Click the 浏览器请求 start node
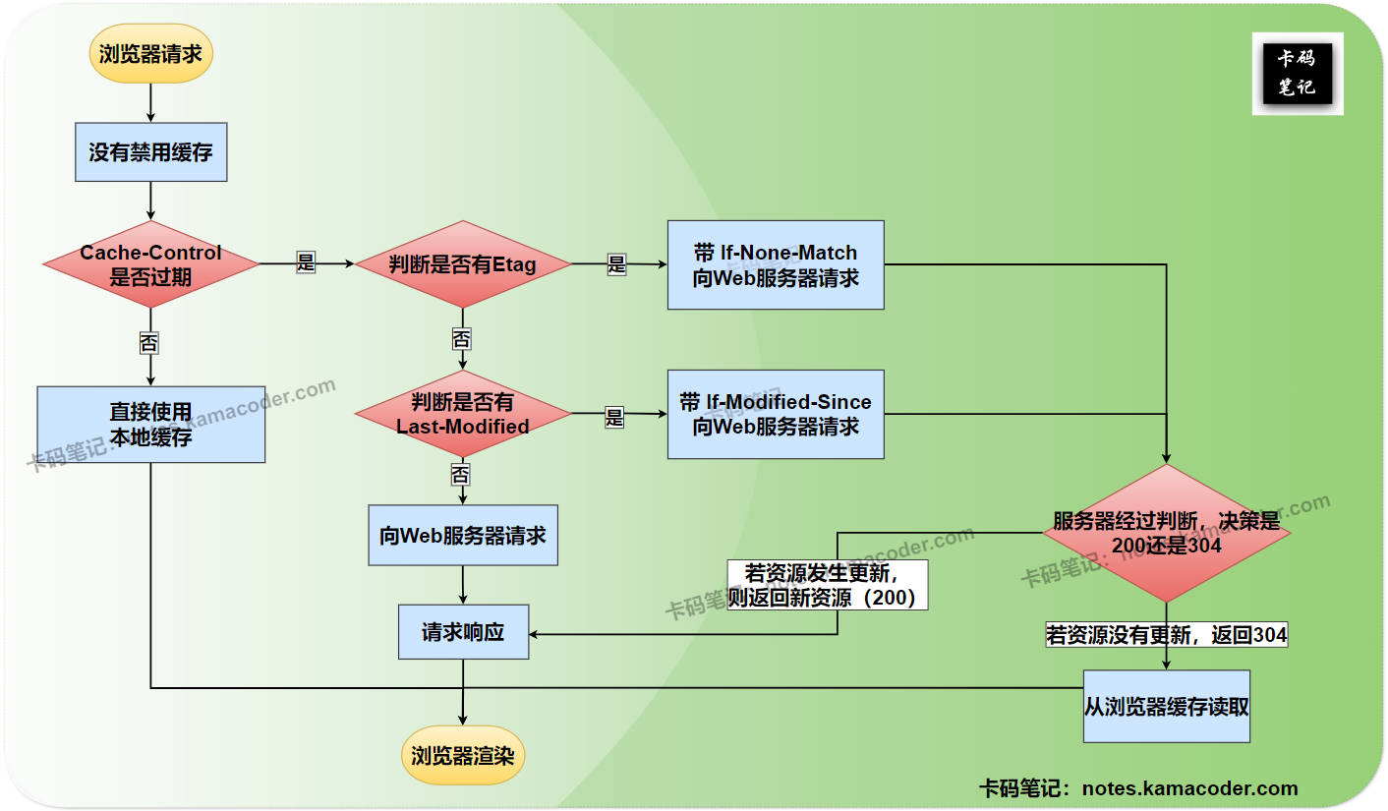click(150, 53)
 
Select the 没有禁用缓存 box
click(150, 152)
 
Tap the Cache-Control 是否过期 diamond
click(150, 264)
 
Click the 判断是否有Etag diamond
click(462, 264)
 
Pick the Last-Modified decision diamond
click(462, 414)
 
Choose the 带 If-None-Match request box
click(776, 265)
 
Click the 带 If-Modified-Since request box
click(776, 414)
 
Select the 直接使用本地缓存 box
click(150, 425)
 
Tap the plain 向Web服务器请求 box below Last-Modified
click(462, 536)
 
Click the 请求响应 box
click(463, 632)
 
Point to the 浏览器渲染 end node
click(463, 756)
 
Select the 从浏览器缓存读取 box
click(1167, 707)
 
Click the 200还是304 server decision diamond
click(1167, 533)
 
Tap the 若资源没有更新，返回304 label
click(1167, 635)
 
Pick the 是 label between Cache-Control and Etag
click(306, 262)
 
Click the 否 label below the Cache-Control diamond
click(148, 343)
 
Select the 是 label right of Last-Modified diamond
click(614, 417)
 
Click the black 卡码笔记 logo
click(1297, 74)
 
